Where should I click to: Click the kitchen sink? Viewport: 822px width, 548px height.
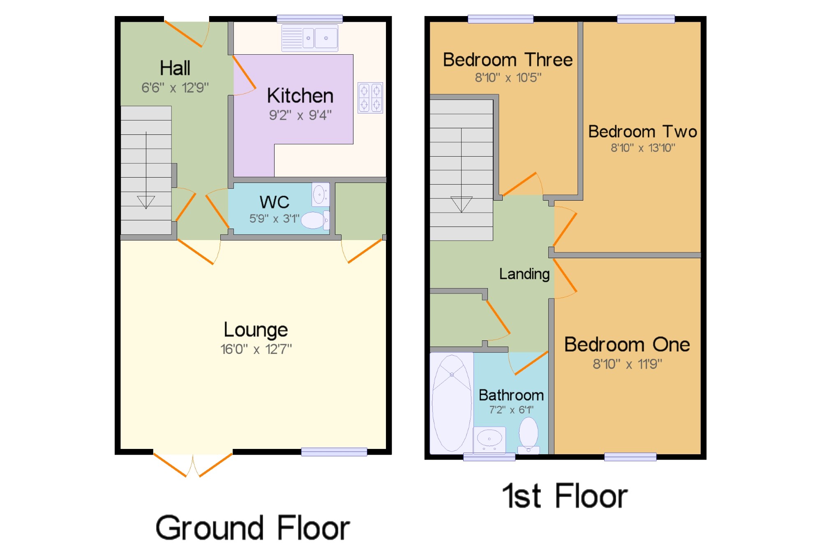(310, 38)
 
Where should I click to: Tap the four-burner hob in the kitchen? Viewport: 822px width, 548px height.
(370, 98)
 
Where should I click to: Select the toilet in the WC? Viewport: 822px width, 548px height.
(315, 220)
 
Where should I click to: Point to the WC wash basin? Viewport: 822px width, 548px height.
(321, 194)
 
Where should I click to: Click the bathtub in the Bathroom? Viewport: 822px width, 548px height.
(452, 403)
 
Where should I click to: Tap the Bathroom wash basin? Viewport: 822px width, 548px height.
(489, 440)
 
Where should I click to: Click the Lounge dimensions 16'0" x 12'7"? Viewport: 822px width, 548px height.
(256, 349)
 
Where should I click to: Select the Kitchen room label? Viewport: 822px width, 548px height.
(300, 96)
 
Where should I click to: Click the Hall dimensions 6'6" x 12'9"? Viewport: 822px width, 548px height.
(175, 88)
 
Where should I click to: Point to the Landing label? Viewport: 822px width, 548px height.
(524, 274)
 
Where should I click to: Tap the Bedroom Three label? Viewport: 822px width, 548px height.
(508, 60)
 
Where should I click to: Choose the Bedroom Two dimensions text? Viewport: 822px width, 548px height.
(643, 148)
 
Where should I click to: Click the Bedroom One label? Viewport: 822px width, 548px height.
(627, 345)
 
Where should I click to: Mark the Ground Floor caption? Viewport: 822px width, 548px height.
(253, 528)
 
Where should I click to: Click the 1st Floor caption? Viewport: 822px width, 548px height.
(565, 496)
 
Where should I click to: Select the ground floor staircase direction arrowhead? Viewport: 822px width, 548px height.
(146, 202)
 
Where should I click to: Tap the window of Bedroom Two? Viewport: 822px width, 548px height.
(646, 19)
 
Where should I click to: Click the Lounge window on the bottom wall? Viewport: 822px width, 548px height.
(334, 452)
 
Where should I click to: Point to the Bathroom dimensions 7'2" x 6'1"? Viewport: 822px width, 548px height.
(511, 410)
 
